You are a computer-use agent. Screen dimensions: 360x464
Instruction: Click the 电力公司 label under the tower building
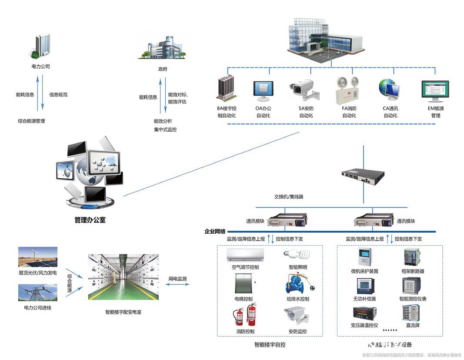tap(41, 67)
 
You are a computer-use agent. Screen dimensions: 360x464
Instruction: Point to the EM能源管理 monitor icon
tap(435, 90)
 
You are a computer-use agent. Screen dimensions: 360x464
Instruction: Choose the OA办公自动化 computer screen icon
tap(263, 90)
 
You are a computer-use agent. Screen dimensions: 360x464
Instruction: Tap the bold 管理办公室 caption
tap(90, 220)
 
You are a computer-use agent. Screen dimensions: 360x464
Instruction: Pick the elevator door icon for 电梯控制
tap(243, 284)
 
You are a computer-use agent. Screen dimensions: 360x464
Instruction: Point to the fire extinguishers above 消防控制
tap(245, 314)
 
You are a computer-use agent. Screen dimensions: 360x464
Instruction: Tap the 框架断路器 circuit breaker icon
tap(412, 257)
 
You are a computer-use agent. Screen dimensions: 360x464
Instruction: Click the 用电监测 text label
tap(178, 279)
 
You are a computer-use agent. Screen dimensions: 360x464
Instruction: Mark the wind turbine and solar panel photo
tap(38, 257)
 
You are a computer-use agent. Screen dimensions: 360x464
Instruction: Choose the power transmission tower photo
tap(38, 293)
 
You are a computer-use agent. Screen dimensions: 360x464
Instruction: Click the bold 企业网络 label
tap(215, 231)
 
